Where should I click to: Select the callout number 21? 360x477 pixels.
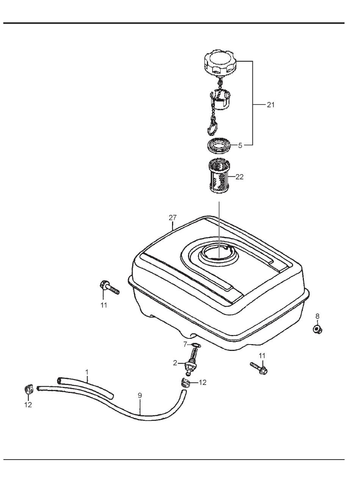click(271, 105)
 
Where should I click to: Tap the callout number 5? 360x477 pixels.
click(240, 145)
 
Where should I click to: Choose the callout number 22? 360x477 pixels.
click(239, 177)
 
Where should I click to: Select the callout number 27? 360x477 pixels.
click(173, 217)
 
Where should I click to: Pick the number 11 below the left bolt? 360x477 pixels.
click(104, 305)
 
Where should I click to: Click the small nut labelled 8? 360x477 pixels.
click(317, 330)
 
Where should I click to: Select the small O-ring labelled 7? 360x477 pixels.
click(196, 344)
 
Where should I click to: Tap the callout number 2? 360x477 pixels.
click(175, 363)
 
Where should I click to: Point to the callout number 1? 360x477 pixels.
click(87, 372)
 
